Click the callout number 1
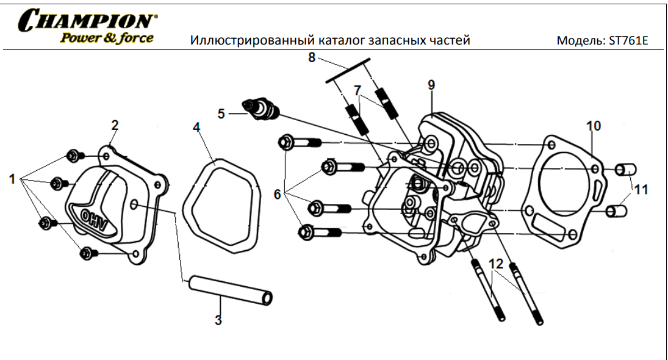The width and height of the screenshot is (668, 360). (12, 179)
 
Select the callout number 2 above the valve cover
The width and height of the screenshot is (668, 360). (115, 126)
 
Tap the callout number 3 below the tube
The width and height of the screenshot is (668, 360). (218, 320)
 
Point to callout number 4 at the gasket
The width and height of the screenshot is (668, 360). (196, 128)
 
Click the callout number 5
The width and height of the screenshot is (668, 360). (221, 113)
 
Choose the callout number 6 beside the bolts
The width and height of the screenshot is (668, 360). (278, 195)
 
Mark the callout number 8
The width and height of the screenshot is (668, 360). (312, 59)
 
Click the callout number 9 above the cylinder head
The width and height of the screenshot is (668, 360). (431, 85)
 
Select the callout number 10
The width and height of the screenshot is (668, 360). (594, 126)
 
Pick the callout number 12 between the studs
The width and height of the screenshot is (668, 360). (496, 264)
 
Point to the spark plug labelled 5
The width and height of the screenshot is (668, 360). (263, 108)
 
